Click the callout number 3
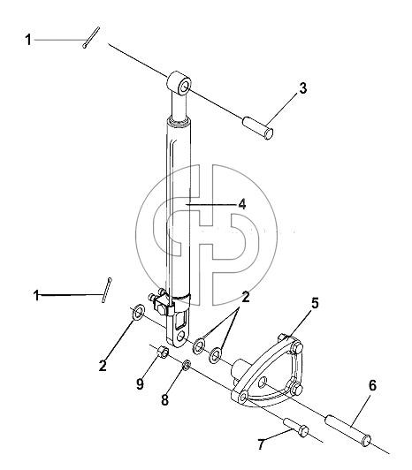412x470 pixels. [303, 88]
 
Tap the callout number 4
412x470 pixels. [242, 204]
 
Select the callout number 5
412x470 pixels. [315, 303]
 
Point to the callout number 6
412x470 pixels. [372, 385]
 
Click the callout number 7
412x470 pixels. [261, 444]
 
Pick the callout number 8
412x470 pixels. [165, 400]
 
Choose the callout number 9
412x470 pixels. [140, 384]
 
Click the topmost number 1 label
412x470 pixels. [28, 40]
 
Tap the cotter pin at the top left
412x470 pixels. [91, 37]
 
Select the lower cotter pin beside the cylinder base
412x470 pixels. [107, 290]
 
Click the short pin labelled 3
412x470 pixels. [258, 128]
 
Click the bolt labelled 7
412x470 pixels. [296, 426]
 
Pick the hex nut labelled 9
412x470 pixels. [163, 351]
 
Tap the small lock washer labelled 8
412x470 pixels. [187, 365]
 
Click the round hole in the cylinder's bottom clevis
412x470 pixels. [181, 337]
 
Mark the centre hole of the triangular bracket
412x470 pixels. [263, 383]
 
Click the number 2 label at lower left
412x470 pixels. [103, 366]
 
